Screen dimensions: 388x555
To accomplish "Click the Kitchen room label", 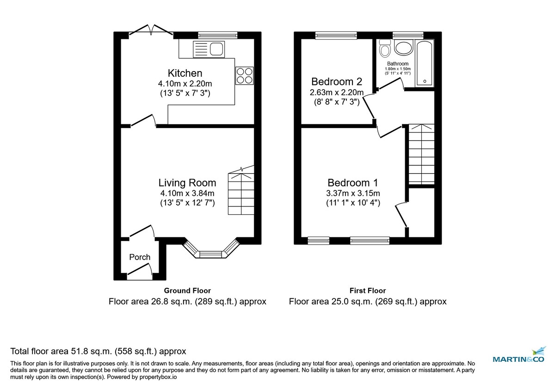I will (x=185, y=73).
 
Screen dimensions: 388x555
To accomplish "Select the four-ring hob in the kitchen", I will (x=245, y=76).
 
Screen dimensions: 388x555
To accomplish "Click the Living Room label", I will (x=187, y=183).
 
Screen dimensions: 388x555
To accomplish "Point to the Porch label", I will (x=139, y=257).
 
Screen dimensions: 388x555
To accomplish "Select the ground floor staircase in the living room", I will (x=241, y=194).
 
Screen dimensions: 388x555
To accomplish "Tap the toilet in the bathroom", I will (x=384, y=48).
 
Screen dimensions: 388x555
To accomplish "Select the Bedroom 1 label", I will (x=349, y=182).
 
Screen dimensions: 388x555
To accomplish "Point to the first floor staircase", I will (x=421, y=154).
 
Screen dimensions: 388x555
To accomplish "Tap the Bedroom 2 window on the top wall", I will (x=336, y=35).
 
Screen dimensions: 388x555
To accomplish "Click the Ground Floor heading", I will (x=187, y=291).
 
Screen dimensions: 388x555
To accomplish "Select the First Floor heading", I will (x=368, y=291).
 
